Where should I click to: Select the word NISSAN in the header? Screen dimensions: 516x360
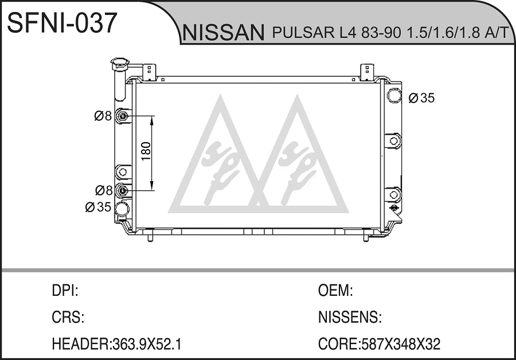(x=224, y=33)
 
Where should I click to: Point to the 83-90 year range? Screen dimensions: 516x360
(x=382, y=33)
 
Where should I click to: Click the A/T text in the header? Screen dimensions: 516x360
(x=497, y=33)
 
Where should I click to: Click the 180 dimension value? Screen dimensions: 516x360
(x=146, y=151)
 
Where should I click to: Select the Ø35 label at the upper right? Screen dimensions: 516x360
(x=421, y=97)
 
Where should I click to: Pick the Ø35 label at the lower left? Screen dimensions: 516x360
(x=98, y=207)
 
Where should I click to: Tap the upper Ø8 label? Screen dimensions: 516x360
(x=103, y=116)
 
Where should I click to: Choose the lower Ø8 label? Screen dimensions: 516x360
(x=104, y=190)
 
